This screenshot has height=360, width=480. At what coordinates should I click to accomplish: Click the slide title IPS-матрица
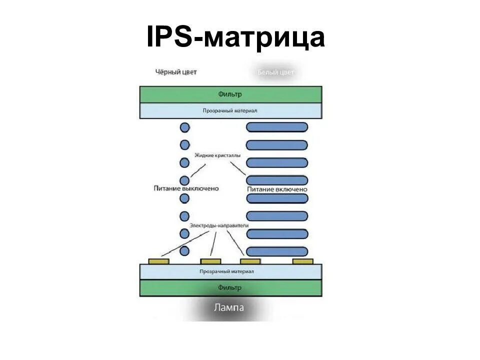pos(235,38)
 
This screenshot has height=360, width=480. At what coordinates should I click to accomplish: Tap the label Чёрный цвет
pos(176,72)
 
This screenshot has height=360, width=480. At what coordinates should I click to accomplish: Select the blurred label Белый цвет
pos(275,72)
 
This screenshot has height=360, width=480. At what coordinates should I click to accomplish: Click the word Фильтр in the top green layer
pos(230,94)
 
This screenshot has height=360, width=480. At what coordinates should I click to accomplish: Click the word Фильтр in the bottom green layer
pos(230,287)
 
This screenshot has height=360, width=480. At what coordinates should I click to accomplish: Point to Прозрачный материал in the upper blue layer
pos(230,110)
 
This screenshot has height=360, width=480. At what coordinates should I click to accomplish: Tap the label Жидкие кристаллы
pos(217,155)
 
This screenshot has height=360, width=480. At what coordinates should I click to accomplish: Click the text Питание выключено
pos(186,188)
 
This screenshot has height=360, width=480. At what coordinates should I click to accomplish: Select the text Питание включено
pos(277,189)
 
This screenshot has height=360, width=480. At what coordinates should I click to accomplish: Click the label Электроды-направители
pos(218,225)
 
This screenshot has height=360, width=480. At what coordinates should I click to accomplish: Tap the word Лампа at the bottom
pos(229,307)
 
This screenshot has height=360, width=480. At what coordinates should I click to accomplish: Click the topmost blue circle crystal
pos(184,127)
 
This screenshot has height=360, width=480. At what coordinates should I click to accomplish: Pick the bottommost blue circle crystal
pos(184,251)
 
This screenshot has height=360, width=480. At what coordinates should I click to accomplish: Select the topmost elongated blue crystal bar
pos(277,127)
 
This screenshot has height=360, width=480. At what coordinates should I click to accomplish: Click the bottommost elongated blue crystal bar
pos(277,251)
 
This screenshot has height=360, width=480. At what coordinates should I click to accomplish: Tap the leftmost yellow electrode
pos(159,261)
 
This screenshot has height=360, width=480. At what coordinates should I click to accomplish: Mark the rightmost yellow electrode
pos(303,261)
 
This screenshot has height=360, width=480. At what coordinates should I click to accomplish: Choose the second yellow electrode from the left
pos(210,261)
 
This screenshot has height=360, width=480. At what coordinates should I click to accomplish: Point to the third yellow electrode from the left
pos(250,261)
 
